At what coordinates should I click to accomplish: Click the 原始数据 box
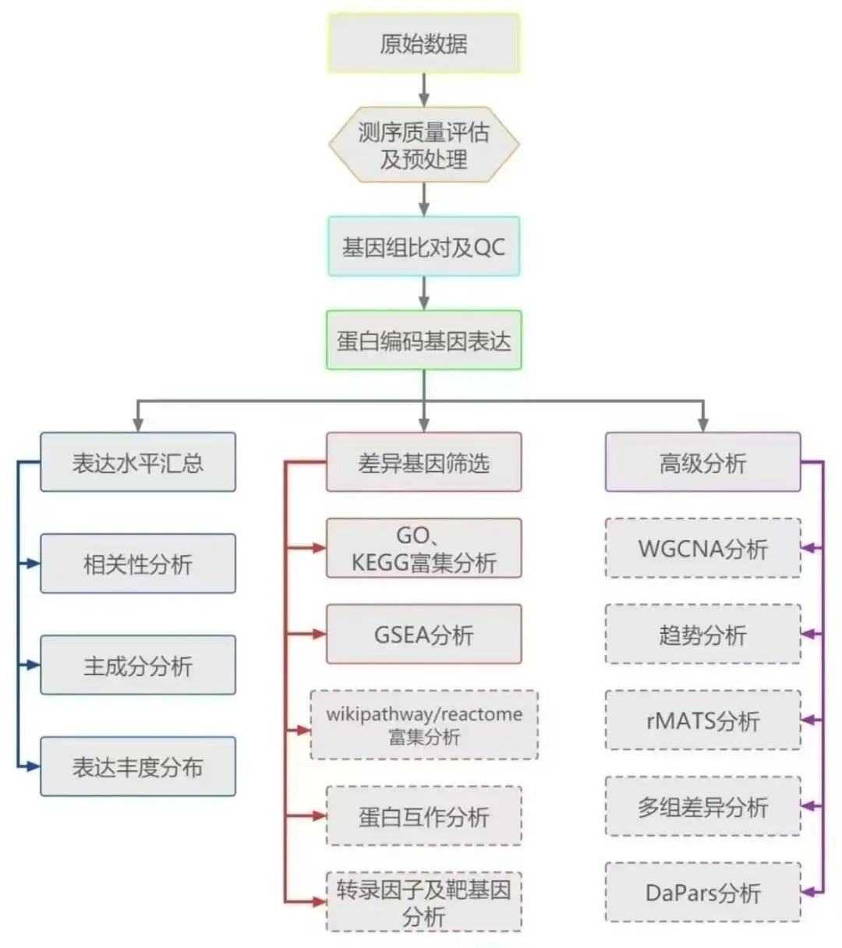(x=423, y=44)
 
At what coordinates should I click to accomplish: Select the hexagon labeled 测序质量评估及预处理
(x=423, y=146)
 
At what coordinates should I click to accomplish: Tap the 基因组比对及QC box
(x=423, y=247)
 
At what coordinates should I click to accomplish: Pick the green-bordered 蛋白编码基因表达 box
(x=423, y=341)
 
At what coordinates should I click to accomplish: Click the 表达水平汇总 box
(x=138, y=462)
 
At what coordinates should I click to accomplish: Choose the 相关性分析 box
(x=138, y=564)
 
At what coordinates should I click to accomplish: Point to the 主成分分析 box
(x=138, y=665)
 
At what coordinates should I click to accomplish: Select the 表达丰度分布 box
(x=138, y=766)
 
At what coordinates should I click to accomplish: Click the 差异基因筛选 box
(x=423, y=462)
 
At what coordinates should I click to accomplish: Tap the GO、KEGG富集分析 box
(x=423, y=549)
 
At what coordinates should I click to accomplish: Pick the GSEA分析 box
(x=423, y=635)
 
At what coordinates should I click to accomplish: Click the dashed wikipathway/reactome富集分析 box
(x=424, y=725)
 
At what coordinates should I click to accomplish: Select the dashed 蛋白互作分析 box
(x=423, y=816)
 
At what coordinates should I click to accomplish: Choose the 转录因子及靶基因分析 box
(x=423, y=902)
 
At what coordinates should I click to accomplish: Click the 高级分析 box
(x=702, y=462)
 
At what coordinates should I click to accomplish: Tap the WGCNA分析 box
(x=702, y=549)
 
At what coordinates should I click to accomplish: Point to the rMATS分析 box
(x=702, y=720)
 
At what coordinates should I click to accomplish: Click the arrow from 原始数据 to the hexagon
(x=423, y=90)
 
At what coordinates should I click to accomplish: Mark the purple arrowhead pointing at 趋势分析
(x=808, y=635)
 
